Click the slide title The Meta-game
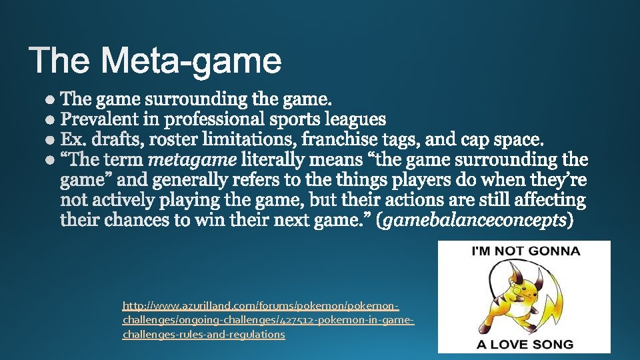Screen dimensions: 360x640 pos(156,61)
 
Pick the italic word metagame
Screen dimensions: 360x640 pos(191,161)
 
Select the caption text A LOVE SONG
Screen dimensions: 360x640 pos(524,344)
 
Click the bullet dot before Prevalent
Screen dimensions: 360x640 pos(51,120)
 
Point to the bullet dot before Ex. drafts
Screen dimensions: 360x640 pos(51,140)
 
